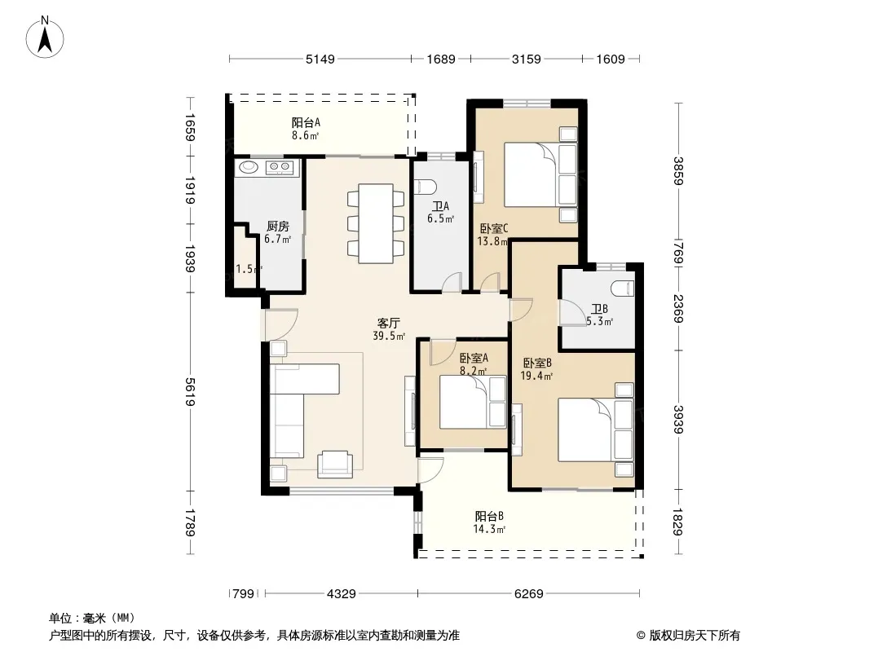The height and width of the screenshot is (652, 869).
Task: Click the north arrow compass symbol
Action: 45,37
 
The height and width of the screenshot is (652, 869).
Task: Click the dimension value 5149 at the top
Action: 320,59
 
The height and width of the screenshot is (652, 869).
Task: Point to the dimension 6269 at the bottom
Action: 529,594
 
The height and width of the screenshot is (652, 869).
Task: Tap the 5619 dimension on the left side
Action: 190,392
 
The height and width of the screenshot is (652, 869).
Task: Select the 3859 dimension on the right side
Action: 678,170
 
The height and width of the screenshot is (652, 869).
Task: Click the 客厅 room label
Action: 389,323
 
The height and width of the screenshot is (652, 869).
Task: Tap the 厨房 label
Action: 278,226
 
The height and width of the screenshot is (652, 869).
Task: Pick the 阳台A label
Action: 306,122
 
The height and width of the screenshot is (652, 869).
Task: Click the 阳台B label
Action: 489,516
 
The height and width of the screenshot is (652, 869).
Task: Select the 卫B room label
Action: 599,309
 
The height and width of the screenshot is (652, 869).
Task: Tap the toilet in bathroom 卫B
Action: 622,288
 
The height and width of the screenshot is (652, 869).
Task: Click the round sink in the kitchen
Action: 248,167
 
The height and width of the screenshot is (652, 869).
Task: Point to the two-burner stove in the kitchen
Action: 279,167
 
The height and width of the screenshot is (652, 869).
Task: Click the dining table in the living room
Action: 376,224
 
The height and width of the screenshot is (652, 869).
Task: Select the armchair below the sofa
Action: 335,465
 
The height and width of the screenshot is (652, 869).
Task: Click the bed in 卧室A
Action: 473,402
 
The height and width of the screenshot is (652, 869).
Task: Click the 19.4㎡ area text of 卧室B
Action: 536,377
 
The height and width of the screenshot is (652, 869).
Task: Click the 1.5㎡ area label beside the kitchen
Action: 249,269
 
